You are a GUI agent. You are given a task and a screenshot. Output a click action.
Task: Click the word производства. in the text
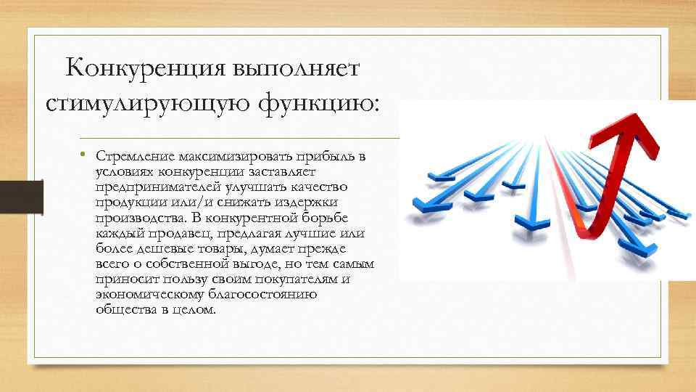135,219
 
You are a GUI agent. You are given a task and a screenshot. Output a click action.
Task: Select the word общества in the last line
122,311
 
